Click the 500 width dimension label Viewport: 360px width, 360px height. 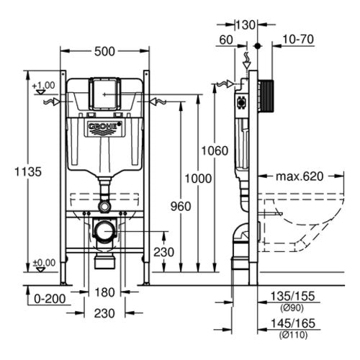pos(104,51)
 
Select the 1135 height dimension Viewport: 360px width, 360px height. pos(28,172)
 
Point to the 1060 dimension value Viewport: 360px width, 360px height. pos(215,151)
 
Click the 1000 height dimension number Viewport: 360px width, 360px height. pos(198,179)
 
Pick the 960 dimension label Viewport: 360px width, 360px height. pos(181,207)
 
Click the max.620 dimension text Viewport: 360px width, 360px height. pos(300,176)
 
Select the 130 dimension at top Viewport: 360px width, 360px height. pos(246,25)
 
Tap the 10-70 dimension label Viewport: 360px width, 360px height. pos(298,40)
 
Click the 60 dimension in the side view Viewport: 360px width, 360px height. pos(226,40)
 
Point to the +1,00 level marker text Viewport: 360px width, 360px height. pos(43,85)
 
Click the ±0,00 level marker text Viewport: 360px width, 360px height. pos(44,263)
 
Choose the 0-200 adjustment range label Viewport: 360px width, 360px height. pos(50,299)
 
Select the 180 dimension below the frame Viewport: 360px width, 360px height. pos(104,292)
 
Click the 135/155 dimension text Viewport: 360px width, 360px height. pos(292,296)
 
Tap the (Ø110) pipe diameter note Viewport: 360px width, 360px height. pos(293,335)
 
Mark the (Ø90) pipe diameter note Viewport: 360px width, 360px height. pos(292,307)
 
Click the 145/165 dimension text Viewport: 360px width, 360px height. pos(293,323)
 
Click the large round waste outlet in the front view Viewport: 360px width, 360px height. pos(105,231)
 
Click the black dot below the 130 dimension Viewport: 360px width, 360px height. pos(258,45)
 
